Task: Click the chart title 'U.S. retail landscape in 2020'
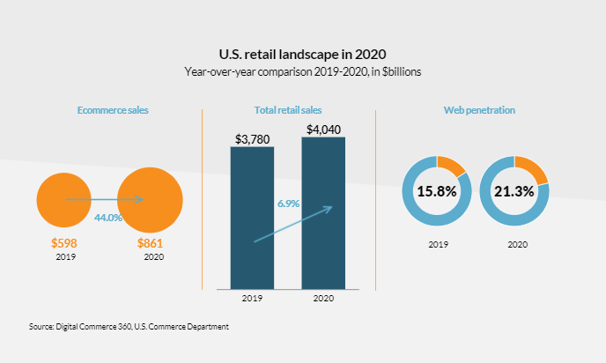[x=302, y=54]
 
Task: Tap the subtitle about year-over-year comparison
[x=302, y=71]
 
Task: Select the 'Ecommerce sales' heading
[x=113, y=110]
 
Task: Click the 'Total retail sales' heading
[x=288, y=110]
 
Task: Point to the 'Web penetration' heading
[x=479, y=110]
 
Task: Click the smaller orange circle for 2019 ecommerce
[x=63, y=199]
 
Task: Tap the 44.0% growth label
[x=107, y=217]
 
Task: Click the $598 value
[x=63, y=243]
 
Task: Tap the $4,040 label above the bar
[x=323, y=130]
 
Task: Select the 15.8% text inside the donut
[x=436, y=191]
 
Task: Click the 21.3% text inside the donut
[x=514, y=191]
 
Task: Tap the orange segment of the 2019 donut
[x=453, y=166]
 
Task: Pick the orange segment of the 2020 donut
[x=533, y=169]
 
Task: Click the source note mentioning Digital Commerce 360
[x=129, y=326]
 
